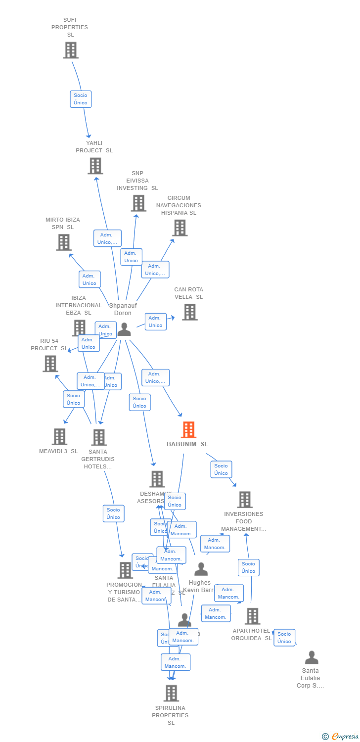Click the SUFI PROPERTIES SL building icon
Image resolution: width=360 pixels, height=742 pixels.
pos(71,50)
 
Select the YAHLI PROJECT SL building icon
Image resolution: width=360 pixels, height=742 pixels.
pos(95,166)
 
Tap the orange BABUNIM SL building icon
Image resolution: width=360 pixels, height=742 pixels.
pos(188,430)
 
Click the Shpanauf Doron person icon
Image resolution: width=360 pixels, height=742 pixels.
pos(124,329)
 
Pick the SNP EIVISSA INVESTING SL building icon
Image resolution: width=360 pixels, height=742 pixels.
pos(138,203)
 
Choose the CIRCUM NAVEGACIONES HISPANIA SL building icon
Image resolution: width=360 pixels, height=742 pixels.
pos(180,228)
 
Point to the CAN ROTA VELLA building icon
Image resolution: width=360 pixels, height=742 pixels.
pos(189,312)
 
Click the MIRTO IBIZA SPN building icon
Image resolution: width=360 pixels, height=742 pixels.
pos(63,242)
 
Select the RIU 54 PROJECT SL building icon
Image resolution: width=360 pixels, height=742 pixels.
pos(50,364)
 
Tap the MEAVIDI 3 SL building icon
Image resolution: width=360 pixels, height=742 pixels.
pos(59,436)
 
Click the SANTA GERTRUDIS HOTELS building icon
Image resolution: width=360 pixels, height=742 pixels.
pos(99,437)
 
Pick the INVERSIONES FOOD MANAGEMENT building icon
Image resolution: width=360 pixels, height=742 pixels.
pos(244,500)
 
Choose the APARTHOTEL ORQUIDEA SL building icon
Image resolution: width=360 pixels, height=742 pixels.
pos(252,616)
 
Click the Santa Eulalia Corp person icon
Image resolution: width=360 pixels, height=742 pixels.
pos(312,657)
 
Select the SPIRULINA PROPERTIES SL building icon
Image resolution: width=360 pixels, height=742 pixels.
pos(171,693)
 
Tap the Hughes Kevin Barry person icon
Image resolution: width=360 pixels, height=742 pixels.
pos(201,569)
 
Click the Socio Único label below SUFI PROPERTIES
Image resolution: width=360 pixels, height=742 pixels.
pos(81,99)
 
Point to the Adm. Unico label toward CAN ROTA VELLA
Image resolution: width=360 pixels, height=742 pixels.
pos(155,322)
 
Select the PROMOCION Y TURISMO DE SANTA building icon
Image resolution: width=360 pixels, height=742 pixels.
pos(125,570)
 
